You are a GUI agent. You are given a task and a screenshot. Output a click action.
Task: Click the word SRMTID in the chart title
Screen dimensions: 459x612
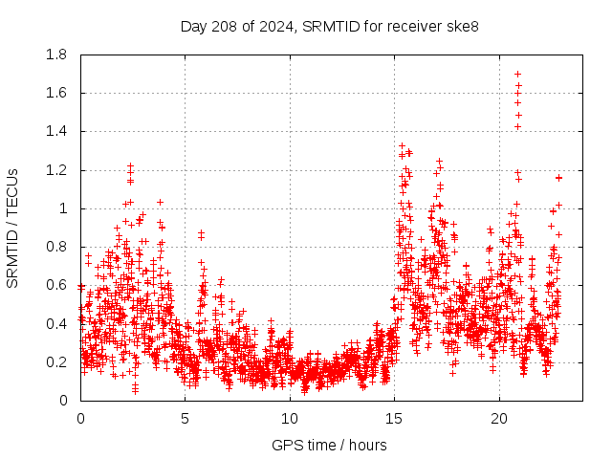pyautogui.click(x=326, y=26)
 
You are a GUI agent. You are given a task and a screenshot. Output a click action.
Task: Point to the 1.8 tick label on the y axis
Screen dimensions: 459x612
pyautogui.click(x=56, y=55)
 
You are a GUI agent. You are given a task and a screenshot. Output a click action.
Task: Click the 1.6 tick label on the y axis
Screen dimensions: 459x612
pyautogui.click(x=56, y=93)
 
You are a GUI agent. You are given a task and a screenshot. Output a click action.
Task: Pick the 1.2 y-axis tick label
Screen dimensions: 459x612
pyautogui.click(x=56, y=170)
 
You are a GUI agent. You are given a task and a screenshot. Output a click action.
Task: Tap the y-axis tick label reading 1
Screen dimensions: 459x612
pyautogui.click(x=65, y=208)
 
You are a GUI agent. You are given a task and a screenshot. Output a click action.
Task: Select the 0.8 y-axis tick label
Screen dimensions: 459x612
pyautogui.click(x=56, y=247)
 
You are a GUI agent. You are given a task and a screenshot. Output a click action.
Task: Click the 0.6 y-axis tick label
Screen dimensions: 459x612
pyautogui.click(x=56, y=285)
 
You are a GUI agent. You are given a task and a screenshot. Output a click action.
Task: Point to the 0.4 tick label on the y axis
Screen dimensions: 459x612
pyautogui.click(x=56, y=323)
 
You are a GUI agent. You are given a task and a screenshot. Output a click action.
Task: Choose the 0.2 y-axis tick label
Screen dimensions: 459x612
pyautogui.click(x=56, y=362)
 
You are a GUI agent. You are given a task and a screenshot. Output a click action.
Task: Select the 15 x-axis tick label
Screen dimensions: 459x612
pyautogui.click(x=395, y=419)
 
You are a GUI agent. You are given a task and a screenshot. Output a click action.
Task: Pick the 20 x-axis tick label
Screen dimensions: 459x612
pyautogui.click(x=499, y=419)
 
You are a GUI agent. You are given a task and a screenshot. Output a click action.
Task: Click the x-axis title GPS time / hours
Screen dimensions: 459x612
pyautogui.click(x=329, y=445)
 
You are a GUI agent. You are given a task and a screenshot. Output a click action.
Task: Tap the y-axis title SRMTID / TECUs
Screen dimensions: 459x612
pyautogui.click(x=12, y=228)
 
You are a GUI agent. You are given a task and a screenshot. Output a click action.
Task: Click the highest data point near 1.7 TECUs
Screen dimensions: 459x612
pyautogui.click(x=517, y=74)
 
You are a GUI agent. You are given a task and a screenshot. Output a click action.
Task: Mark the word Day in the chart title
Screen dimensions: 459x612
pyautogui.click(x=194, y=26)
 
